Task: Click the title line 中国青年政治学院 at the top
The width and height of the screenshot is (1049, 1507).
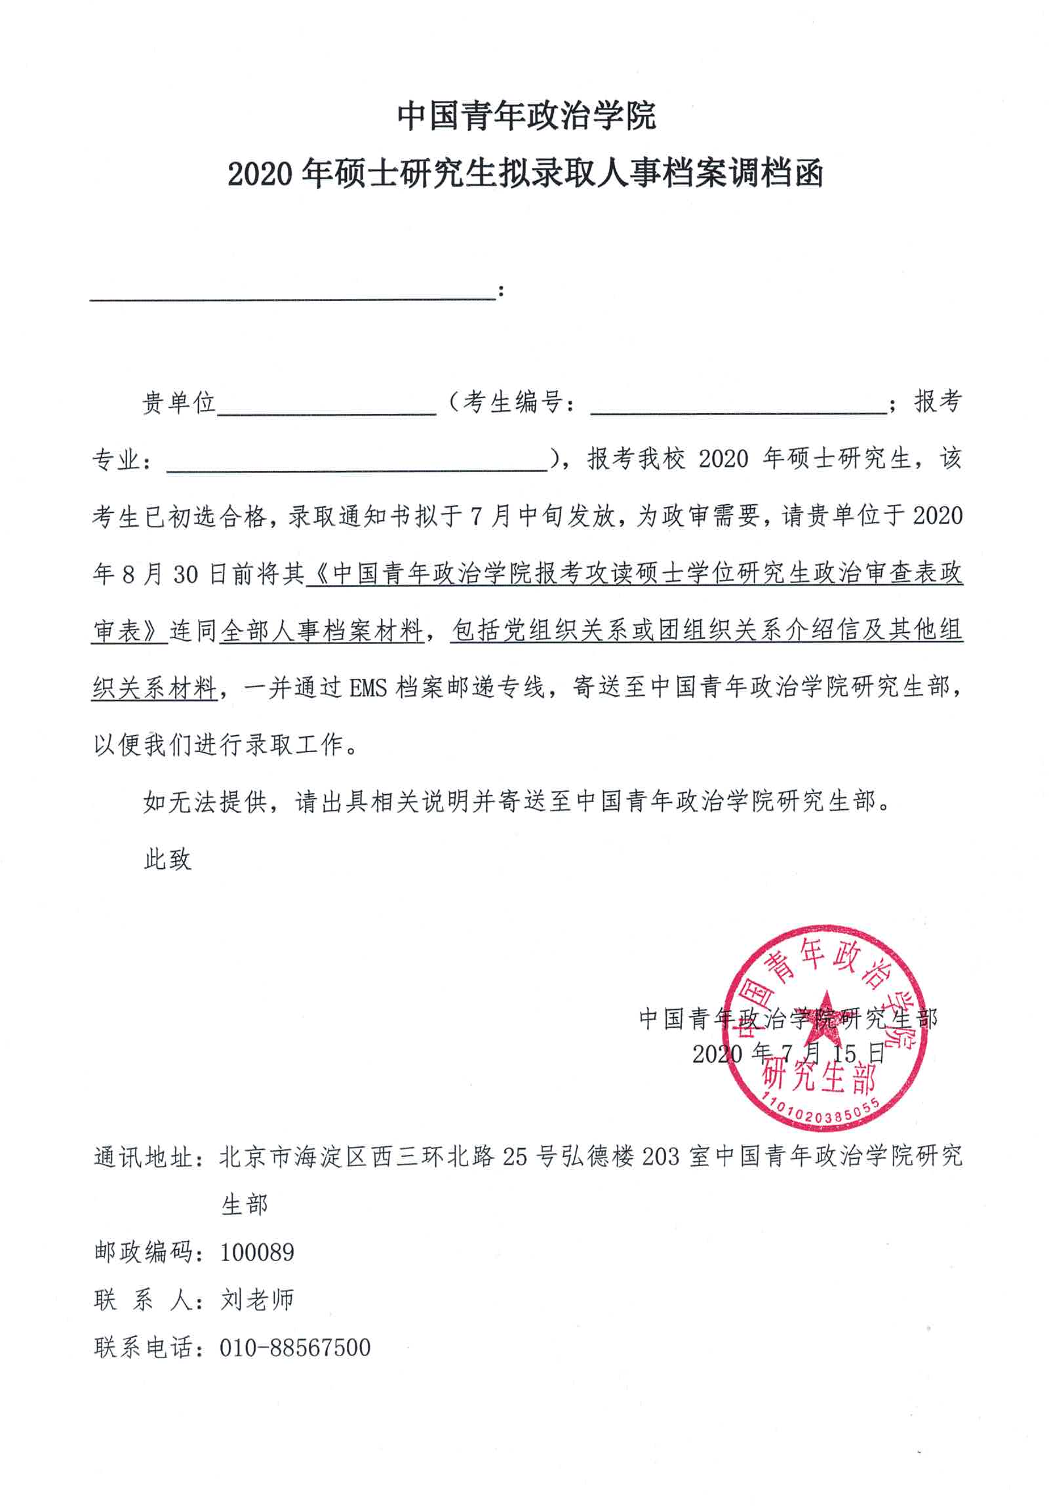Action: [526, 116]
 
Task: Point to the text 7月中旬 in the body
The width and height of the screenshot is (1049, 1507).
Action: [509, 517]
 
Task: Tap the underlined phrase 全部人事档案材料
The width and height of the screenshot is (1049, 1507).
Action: [321, 631]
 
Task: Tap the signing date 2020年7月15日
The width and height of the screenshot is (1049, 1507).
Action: [788, 1053]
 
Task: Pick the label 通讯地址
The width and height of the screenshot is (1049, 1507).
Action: [144, 1157]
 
